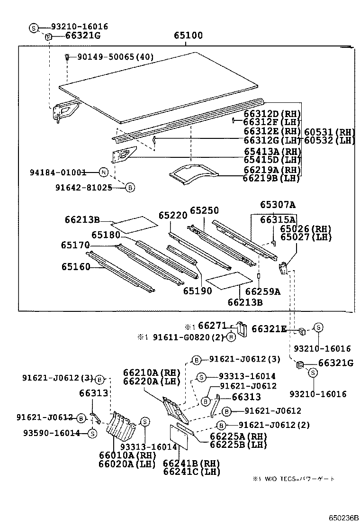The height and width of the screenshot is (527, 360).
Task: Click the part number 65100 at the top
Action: [188, 36]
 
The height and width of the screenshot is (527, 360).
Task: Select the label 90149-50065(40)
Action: [116, 57]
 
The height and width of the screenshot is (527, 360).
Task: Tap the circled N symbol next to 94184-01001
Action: [104, 173]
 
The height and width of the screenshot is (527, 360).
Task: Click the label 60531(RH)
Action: [329, 132]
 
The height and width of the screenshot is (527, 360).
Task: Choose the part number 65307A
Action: [278, 205]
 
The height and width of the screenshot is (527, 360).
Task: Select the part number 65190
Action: [198, 291]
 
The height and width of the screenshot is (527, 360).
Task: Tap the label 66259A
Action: [263, 291]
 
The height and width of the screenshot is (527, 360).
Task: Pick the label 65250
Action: [204, 210]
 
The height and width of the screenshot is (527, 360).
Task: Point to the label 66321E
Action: [269, 329]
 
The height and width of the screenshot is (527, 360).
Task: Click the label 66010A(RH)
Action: [127, 455]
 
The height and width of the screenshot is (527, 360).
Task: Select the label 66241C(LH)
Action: [192, 472]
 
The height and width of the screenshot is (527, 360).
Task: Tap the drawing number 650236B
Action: [345, 518]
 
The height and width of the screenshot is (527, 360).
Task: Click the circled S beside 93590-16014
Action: [92, 433]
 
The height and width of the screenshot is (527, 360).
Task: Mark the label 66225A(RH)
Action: [238, 436]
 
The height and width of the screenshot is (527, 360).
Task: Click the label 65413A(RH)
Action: [272, 152]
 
